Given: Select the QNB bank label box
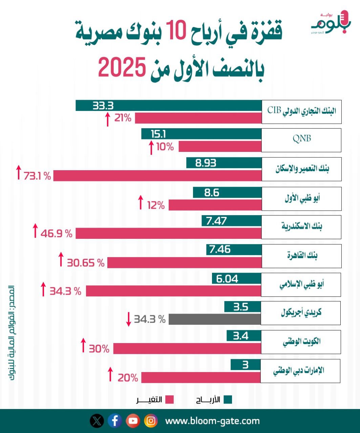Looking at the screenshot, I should pyautogui.click(x=301, y=140).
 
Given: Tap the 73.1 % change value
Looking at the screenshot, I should pyautogui.click(x=37, y=176).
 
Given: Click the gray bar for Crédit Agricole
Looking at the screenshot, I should pyautogui.click(x=215, y=319).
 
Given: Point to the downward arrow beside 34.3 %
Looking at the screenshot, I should pyautogui.click(x=128, y=319).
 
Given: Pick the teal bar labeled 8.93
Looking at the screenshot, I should pyautogui.click(x=224, y=163).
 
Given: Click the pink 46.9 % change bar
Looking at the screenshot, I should pyautogui.click(x=168, y=233).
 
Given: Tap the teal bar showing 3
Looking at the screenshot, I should pyautogui.click(x=246, y=365).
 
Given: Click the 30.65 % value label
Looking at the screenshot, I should pyautogui.click(x=86, y=263).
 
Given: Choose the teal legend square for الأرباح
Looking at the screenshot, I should pyautogui.click(x=228, y=400).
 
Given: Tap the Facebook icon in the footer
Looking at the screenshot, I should pyautogui.click(x=115, y=421).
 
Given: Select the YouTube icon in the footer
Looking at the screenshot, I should pyautogui.click(x=133, y=421).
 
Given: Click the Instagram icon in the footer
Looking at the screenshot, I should pyautogui.click(x=151, y=421).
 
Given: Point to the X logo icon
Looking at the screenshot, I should pyautogui.click(x=97, y=421).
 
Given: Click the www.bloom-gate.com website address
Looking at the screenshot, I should pyautogui.click(x=212, y=421).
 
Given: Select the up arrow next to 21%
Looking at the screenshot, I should pyautogui.click(x=108, y=119).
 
